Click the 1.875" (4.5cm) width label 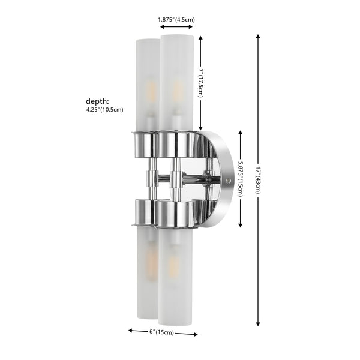[x=176, y=20]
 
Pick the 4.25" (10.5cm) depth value [x=104, y=110]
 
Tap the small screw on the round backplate [x=228, y=179]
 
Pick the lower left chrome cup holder [x=144, y=211]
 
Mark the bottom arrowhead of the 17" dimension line [x=258, y=322]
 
